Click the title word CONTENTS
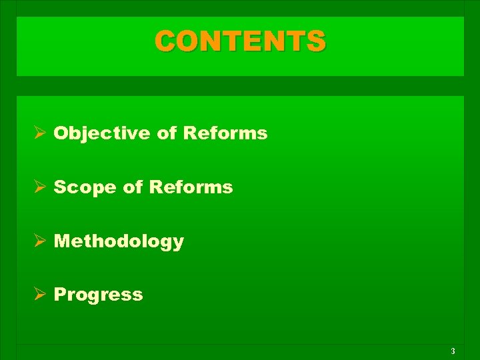pos(241,41)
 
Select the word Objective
pos(102,133)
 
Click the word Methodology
pos(119,241)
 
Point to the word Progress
pos(98,295)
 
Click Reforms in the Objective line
pos(225,133)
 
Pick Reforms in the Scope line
pos(191,187)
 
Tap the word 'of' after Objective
pos(167,133)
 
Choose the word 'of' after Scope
pos(133,187)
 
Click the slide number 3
pos(453,351)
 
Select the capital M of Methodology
pos(62,241)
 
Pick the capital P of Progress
pos(59,294)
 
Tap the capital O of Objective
pos(61,133)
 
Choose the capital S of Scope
pos(59,187)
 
